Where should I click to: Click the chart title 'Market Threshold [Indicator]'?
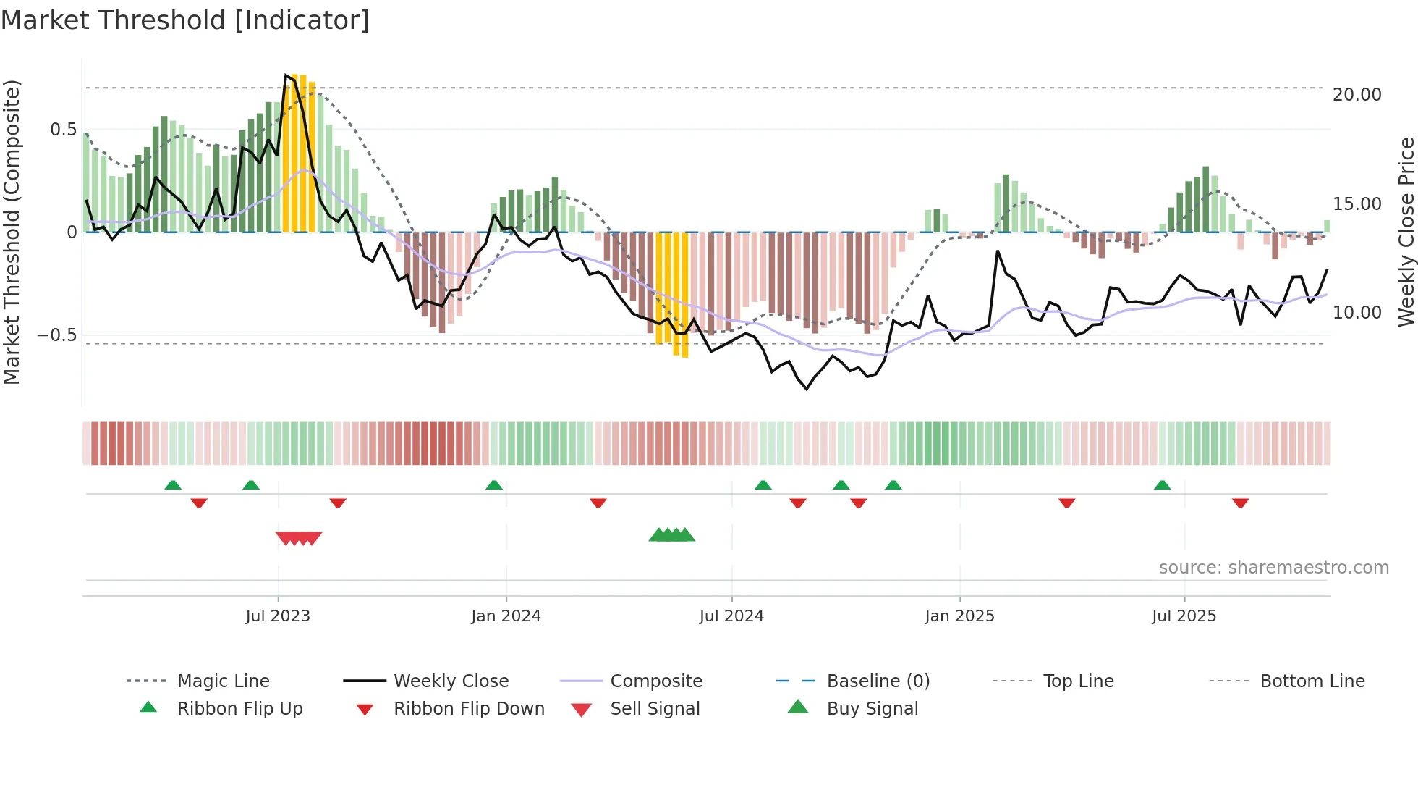(x=185, y=20)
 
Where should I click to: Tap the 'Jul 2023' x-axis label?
(x=278, y=616)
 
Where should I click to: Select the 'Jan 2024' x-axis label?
(x=506, y=616)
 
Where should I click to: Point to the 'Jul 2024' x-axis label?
(x=731, y=616)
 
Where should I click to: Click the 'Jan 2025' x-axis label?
(x=959, y=616)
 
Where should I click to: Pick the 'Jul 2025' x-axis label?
(x=1184, y=616)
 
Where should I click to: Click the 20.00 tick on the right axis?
(x=1357, y=95)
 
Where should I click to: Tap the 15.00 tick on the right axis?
(x=1357, y=204)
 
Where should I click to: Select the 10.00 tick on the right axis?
(x=1357, y=313)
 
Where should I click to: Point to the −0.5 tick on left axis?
(x=56, y=335)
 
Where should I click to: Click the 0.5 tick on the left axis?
(x=63, y=130)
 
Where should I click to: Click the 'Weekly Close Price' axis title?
(x=1406, y=232)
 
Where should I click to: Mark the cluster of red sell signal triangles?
(x=299, y=538)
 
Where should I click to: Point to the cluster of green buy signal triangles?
(x=671, y=535)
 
